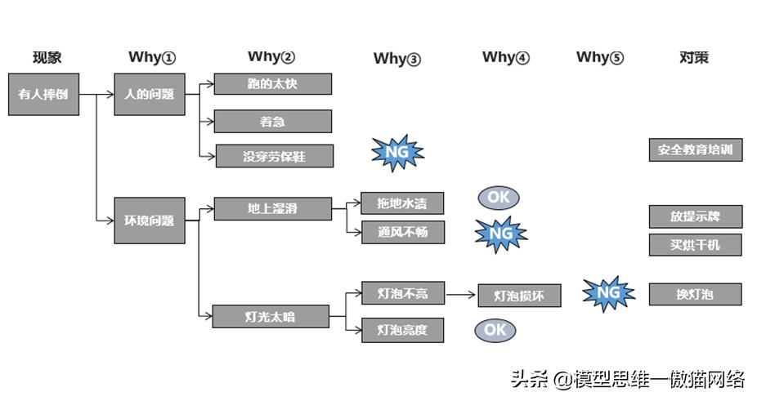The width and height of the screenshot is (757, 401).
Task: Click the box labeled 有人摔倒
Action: [43, 94]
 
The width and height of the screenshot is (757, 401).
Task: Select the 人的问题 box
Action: [149, 94]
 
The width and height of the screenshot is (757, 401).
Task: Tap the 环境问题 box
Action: [149, 221]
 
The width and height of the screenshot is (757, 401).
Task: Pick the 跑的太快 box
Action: [272, 84]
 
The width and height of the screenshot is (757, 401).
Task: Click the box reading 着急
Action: [272, 122]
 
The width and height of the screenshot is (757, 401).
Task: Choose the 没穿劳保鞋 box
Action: [274, 156]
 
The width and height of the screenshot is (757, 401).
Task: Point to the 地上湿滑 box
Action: [272, 209]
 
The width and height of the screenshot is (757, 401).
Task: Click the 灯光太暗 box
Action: [270, 317]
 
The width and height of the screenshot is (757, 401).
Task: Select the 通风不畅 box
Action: [402, 233]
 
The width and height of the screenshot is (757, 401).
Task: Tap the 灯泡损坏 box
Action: [519, 296]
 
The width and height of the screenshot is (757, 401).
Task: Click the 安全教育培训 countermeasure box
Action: [696, 150]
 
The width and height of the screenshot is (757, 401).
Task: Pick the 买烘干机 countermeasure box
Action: [696, 244]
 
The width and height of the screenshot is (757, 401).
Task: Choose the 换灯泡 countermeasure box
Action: [696, 294]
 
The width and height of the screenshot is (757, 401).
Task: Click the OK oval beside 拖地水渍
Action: [499, 198]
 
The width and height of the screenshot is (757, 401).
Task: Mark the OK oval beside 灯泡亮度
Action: [495, 330]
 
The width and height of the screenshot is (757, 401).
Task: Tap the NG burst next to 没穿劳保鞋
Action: [398, 153]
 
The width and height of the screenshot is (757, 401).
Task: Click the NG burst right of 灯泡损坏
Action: [608, 293]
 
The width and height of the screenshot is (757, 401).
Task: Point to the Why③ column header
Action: [397, 58]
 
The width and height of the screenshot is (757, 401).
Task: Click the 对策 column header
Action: [694, 57]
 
